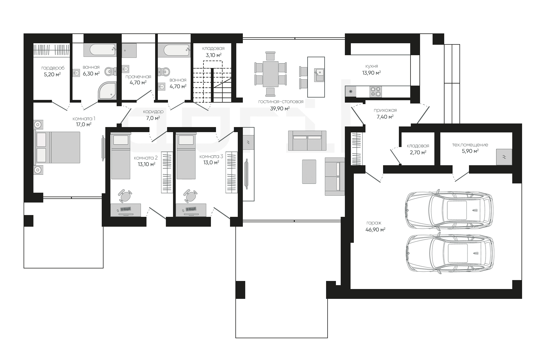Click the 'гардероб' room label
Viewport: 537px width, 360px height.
coord(53,68)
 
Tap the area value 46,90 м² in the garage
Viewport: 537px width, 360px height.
coord(375,230)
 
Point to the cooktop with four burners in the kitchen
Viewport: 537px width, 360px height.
coord(375,92)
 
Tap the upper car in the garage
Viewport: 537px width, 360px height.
coord(449,210)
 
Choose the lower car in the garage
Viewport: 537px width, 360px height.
coord(449,254)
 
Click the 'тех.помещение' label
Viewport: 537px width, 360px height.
coord(470,145)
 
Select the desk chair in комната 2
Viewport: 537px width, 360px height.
coord(125,196)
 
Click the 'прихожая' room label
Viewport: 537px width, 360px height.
coord(385,111)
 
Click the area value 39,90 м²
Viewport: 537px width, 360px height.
coord(280,109)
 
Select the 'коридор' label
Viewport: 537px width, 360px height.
coord(153,112)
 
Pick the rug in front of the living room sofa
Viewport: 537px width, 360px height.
coord(309,171)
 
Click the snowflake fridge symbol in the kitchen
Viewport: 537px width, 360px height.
coord(351,92)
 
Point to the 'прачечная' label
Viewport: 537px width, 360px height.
coord(138,77)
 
